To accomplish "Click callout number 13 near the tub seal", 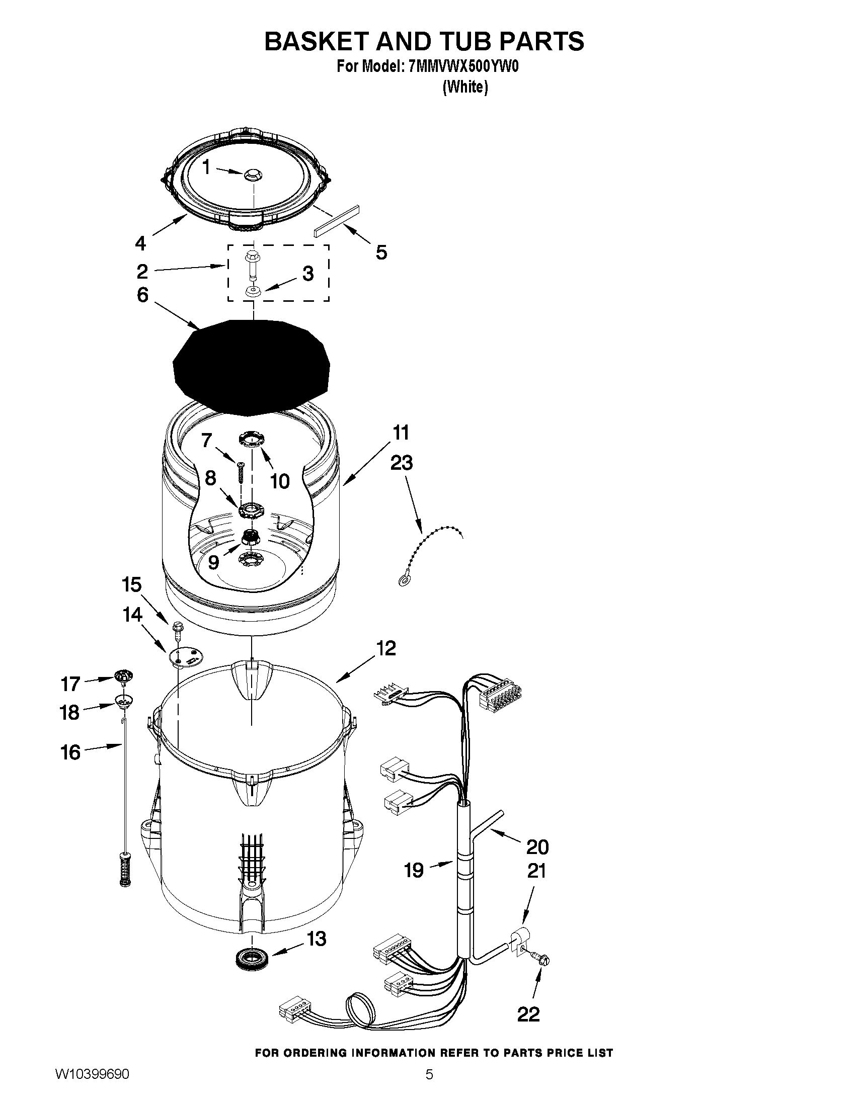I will (317, 939).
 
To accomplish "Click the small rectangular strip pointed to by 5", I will (336, 220).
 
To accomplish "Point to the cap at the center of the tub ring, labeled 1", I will (252, 175).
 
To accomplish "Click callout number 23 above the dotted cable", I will (402, 463).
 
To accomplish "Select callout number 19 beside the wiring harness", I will (414, 870).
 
